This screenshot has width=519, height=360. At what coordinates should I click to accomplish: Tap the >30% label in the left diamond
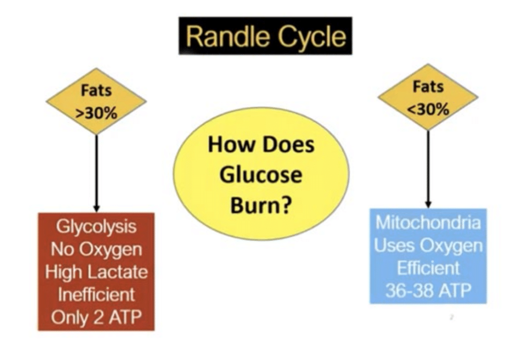point(96,112)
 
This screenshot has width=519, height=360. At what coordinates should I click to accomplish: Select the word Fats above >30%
point(96,93)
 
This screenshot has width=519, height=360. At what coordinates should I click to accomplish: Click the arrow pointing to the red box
point(96,172)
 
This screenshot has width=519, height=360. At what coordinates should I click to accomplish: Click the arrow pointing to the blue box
point(429,167)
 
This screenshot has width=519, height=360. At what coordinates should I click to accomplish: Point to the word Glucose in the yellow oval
point(262,175)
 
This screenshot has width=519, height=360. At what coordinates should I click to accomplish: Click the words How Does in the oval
point(262,146)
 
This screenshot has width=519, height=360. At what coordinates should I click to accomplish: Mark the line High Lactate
point(96,272)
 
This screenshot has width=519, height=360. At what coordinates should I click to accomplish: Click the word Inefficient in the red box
point(96,294)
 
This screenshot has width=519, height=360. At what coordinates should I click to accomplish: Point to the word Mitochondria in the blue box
point(429,224)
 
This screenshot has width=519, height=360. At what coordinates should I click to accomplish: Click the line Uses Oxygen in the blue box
point(429,246)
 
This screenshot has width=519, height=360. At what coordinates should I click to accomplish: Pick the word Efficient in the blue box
point(429,268)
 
